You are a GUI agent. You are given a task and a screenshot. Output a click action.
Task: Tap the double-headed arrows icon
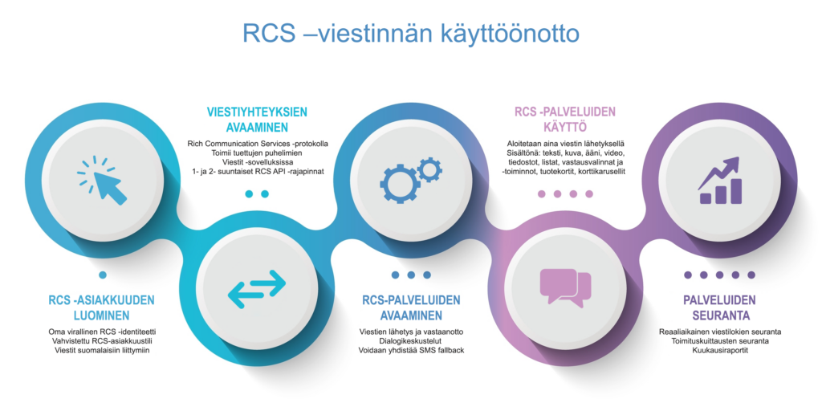[257, 289]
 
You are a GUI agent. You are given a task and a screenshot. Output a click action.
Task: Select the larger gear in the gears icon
[400, 184]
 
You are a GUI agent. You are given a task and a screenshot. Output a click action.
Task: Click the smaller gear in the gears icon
[430, 169]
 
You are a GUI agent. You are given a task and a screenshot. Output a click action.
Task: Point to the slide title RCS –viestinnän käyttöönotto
[411, 33]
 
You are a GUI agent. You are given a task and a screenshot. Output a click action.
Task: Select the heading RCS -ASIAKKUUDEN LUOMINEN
[102, 308]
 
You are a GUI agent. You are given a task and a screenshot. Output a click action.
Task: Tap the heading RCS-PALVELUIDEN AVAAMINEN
[411, 308]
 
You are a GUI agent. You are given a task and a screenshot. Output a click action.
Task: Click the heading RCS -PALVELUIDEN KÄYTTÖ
[565, 120]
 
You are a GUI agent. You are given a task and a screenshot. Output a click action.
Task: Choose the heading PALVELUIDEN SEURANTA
[720, 308]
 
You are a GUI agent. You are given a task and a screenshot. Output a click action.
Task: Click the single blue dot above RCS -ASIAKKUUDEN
[103, 275]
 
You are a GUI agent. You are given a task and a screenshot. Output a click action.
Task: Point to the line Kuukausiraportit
[720, 350]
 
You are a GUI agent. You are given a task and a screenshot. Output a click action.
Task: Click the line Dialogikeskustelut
[411, 341]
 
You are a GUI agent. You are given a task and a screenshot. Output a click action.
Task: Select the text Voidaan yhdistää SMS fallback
[411, 350]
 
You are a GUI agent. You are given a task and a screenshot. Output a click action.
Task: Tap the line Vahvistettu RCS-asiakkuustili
[102, 341]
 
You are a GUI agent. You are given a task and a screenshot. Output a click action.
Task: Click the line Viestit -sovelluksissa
[258, 162]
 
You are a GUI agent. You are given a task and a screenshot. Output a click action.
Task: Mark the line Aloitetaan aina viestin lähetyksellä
[565, 143]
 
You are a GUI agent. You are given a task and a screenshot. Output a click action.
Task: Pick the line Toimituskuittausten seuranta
[720, 341]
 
